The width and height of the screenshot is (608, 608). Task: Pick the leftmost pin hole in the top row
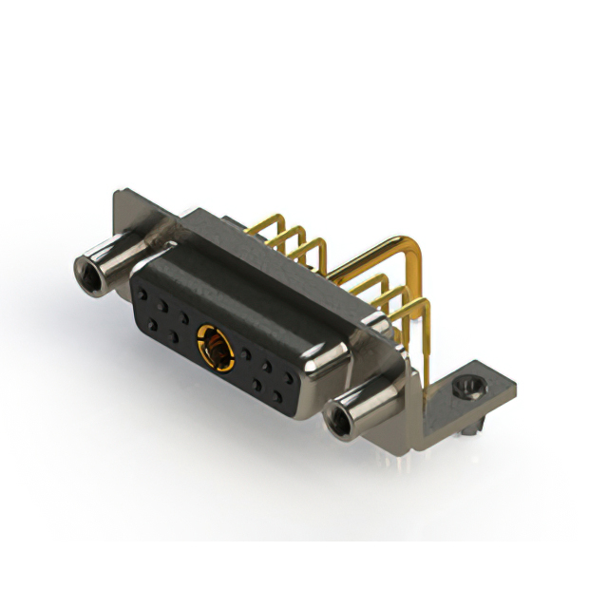(148, 296)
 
